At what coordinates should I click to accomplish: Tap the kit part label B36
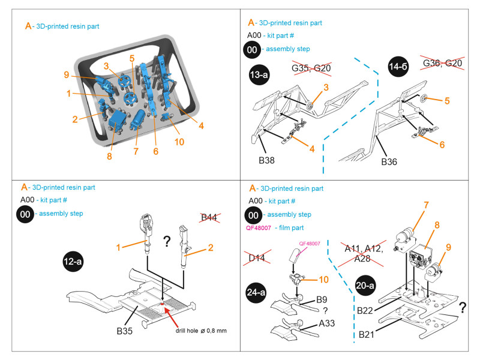pos(389,161)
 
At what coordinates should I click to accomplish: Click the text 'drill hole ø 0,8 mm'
pos(202,331)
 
